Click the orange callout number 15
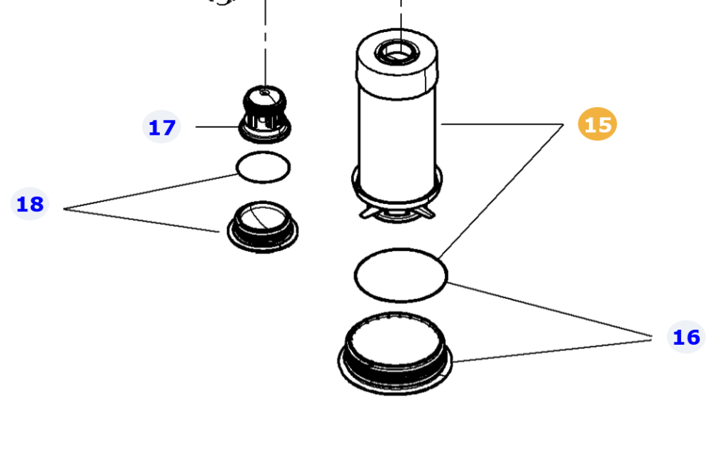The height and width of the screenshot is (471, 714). point(597,124)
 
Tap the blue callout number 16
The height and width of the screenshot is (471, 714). point(685,338)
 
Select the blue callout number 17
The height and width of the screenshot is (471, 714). point(161,127)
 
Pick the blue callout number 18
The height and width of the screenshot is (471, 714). point(29,204)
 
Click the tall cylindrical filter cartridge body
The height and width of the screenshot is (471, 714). point(396,136)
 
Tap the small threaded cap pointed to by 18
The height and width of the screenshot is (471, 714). point(262,227)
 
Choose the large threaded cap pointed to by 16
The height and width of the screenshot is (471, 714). point(395,353)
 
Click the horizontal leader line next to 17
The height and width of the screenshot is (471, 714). point(218,126)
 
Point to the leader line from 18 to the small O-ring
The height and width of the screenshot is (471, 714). point(150,191)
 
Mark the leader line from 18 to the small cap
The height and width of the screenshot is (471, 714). point(141,221)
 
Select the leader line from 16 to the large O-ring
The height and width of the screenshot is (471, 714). point(550,310)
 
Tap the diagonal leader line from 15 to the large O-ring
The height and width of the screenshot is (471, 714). point(501,191)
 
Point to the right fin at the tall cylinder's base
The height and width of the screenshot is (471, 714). point(428,212)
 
